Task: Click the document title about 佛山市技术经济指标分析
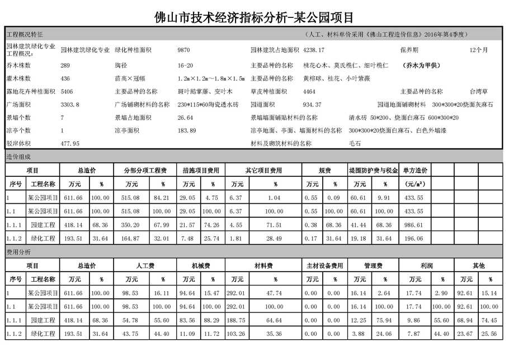point(254,17)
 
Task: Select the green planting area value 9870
point(183,50)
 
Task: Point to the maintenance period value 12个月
point(479,50)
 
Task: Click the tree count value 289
point(65,65)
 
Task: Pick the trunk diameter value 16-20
point(185,65)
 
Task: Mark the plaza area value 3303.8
point(70,105)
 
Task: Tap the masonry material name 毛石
point(355,143)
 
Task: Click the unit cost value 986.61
point(413,224)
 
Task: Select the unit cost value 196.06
point(413,238)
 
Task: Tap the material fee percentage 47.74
point(275,293)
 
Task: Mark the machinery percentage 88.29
point(211,320)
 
